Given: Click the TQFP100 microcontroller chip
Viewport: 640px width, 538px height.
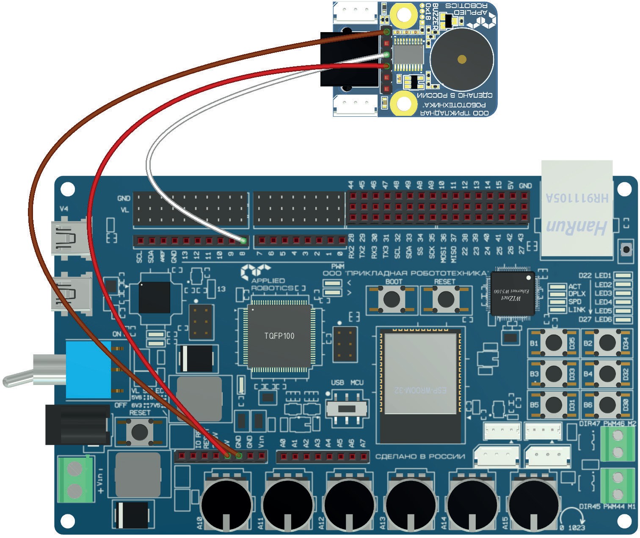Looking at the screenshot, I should [x=279, y=336].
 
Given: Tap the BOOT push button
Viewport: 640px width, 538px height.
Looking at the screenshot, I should [x=392, y=299].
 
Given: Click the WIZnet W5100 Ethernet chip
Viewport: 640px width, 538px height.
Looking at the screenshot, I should [x=512, y=293].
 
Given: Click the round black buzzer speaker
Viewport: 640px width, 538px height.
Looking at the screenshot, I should [x=461, y=59].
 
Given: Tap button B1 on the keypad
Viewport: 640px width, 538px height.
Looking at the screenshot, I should [x=553, y=343].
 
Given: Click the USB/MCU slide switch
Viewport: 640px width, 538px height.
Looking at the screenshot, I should [x=348, y=409].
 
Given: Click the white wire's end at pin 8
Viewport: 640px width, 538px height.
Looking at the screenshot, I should [x=243, y=241].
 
